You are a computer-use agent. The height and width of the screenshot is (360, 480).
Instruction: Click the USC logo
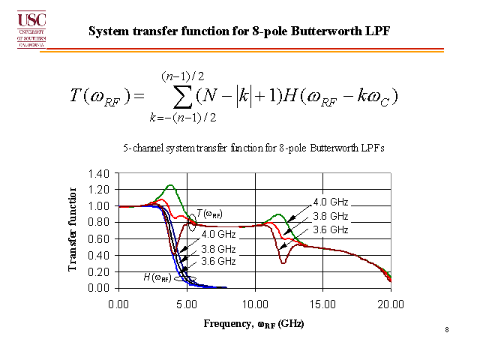pos(31,29)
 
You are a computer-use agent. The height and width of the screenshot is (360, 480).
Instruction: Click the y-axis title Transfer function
pos(73,231)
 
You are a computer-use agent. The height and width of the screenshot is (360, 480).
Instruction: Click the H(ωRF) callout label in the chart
pos(157,277)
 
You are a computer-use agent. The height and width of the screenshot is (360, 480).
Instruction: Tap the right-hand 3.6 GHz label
pos(331,229)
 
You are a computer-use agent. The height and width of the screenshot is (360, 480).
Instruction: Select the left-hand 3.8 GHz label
pos(218,248)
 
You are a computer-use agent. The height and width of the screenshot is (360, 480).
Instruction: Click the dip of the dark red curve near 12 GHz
pos(282,262)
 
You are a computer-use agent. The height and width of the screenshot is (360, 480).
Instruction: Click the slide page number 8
pos(446,330)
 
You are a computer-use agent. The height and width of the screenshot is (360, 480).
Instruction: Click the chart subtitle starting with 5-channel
pos(253,148)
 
